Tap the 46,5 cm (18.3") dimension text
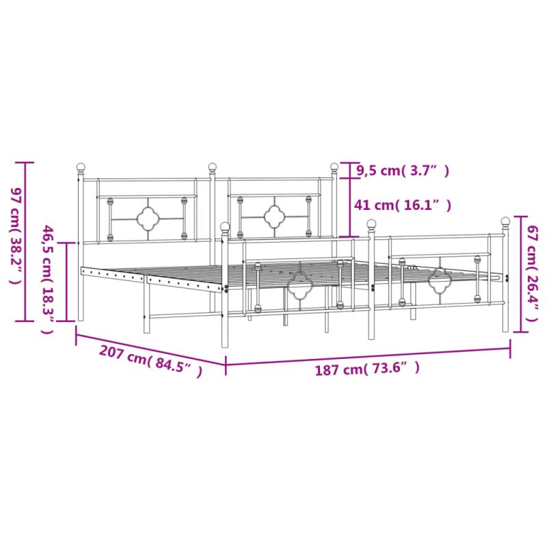click(x=48, y=280)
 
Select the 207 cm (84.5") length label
click(x=150, y=361)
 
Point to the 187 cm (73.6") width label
click(x=367, y=369)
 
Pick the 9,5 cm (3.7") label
click(x=403, y=171)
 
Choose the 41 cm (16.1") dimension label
click(x=403, y=205)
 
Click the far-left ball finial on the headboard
click(x=81, y=167)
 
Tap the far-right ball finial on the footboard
click(x=505, y=221)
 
